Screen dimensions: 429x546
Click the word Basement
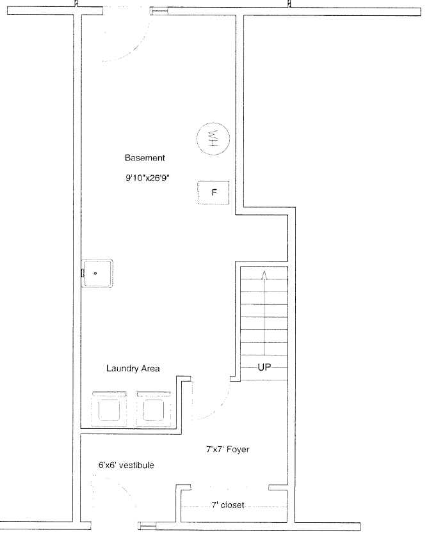(x=145, y=158)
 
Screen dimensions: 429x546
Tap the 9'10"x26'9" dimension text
(x=147, y=178)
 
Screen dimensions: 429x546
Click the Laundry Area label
(x=133, y=368)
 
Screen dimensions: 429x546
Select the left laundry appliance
(x=109, y=409)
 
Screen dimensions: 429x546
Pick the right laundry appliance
(x=154, y=409)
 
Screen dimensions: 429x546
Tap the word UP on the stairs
(x=264, y=367)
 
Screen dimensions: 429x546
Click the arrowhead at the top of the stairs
(x=264, y=275)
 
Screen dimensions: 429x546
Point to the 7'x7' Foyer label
(x=228, y=449)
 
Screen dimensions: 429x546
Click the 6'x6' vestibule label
(x=126, y=465)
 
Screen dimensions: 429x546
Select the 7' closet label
(x=228, y=504)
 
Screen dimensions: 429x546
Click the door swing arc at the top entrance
(x=136, y=49)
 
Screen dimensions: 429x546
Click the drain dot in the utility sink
(x=95, y=274)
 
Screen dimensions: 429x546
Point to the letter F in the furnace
(x=214, y=192)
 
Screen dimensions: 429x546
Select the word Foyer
(x=238, y=449)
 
